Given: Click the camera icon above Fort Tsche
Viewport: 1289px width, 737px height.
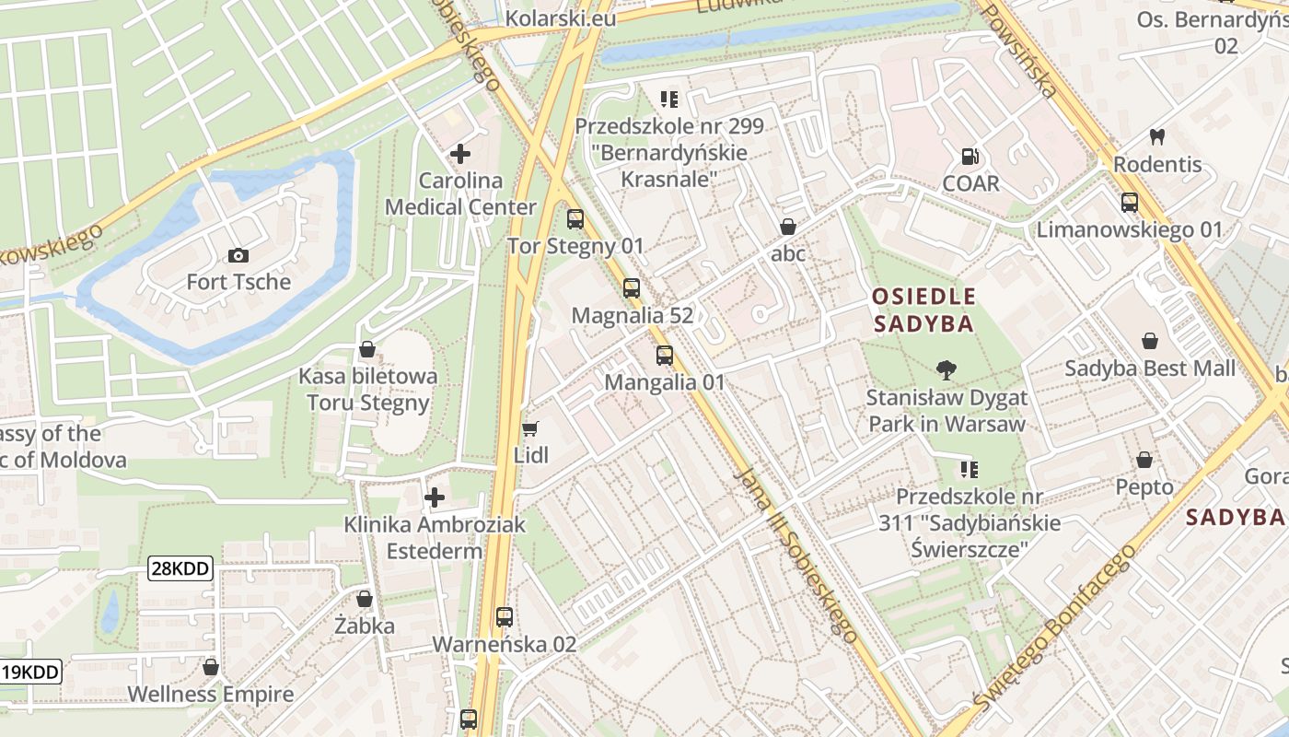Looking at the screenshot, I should coord(238,255).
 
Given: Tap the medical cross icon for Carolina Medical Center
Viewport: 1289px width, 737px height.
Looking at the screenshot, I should coord(460,154).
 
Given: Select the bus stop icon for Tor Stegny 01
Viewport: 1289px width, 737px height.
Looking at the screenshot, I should coord(575,219).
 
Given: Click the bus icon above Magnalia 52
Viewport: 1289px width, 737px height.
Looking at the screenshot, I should coord(632,288).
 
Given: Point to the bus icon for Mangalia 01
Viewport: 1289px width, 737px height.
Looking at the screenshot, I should coord(665,356).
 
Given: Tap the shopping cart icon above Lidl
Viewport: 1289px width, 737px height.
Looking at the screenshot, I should coord(529,428).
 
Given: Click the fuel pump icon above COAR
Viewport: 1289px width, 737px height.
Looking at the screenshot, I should coord(970,157).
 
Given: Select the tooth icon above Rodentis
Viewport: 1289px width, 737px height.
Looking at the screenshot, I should coord(1157,137).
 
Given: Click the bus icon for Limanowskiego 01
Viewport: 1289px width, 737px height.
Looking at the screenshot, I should coord(1130,203).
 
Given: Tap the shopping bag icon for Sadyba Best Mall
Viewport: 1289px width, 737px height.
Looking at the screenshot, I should coord(1150,342).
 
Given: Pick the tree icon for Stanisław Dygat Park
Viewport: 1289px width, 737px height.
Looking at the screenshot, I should coord(946,370).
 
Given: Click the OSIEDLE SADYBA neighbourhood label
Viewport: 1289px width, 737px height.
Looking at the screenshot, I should coord(923,310).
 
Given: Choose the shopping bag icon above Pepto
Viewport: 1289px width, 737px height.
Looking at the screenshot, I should coord(1144,460).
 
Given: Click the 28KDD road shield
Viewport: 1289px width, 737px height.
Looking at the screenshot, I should coord(180,569).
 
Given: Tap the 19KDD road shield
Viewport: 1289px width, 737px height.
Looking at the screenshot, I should coord(30,672).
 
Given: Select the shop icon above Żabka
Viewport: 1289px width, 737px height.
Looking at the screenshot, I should coord(365,599).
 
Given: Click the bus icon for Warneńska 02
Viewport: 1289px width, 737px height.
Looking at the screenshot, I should coord(505,617).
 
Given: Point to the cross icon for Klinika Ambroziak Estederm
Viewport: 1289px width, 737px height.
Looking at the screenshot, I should coord(435,497).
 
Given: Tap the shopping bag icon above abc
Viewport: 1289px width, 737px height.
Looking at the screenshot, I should coord(788,227).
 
